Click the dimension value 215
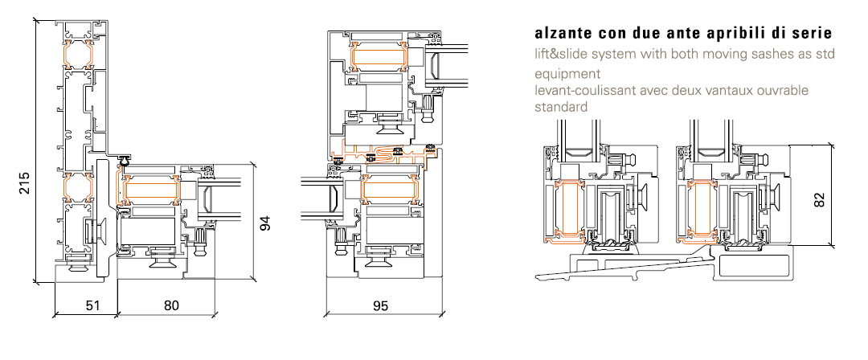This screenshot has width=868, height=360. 24,182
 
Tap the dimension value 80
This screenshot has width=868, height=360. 171,305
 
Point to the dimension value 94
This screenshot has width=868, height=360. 266,223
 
